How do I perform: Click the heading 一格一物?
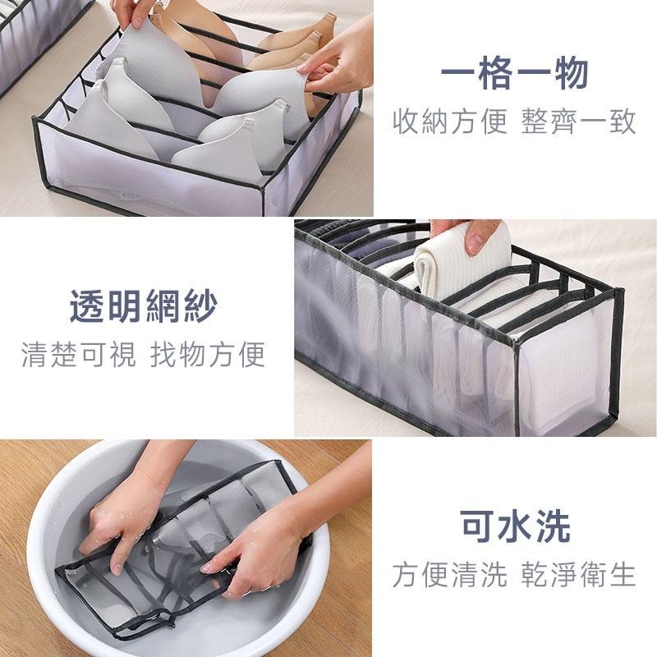(515, 74)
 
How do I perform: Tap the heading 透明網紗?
(143, 306)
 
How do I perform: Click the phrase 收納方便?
(450, 122)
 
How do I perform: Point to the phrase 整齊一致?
(579, 122)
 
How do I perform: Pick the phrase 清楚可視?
(79, 354)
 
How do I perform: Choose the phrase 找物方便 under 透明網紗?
(208, 354)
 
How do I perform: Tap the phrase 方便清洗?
(450, 574)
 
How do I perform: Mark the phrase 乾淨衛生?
(579, 574)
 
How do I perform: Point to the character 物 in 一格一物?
(571, 74)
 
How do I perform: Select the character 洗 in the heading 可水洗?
(553, 526)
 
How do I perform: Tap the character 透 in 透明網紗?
(87, 306)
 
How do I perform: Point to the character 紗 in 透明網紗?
(200, 306)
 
